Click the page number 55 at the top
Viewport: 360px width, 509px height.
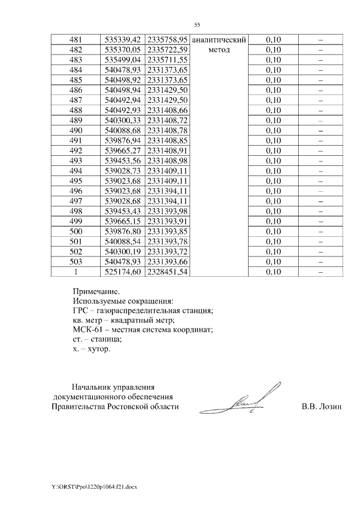pos(197,25)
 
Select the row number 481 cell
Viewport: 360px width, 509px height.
pos(75,40)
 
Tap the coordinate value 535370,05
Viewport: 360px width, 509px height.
pos(122,50)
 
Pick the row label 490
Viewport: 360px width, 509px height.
pos(75,130)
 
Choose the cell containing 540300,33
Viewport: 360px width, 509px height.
pos(122,120)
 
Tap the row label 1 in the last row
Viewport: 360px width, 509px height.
pos(75,272)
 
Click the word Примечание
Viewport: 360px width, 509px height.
pos(96,292)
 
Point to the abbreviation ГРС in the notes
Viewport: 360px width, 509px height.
pos(82,311)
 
